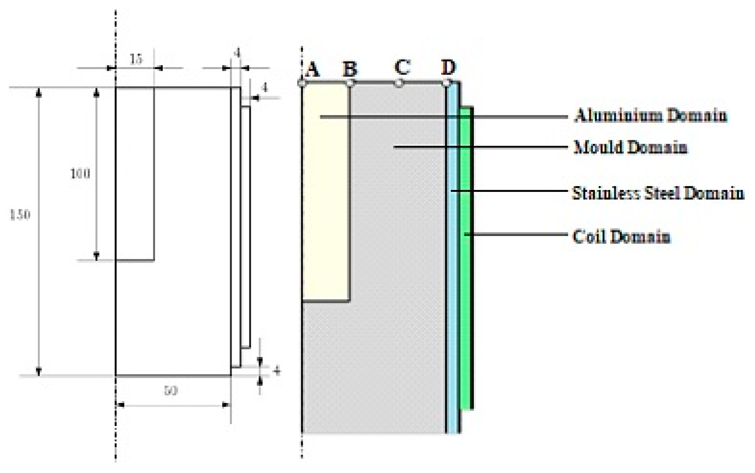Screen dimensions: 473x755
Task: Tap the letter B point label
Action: pos(350,68)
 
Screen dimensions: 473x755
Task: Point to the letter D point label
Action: pos(448,67)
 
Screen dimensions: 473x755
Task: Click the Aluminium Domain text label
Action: pos(650,115)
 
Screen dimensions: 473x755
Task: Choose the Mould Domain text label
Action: pos(630,147)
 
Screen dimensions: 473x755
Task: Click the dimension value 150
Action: pos(20,215)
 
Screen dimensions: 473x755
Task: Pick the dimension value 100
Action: pos(80,173)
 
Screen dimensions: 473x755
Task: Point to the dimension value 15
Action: pos(136,59)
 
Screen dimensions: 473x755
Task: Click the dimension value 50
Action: pos(171,390)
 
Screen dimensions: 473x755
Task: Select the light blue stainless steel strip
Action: pos(452,250)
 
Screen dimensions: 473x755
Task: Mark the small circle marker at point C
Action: pos(399,83)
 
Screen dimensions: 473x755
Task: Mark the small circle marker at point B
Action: pos(350,83)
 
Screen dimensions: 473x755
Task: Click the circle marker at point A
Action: pos(302,83)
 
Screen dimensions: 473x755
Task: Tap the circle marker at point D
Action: pos(446,83)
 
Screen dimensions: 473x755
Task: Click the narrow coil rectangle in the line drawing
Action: pos(246,227)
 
